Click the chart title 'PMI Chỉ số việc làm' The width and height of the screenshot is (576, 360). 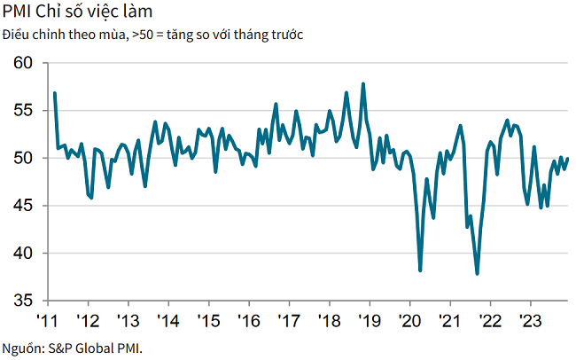[x=77, y=13]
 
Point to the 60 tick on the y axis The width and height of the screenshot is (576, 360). [x=23, y=63]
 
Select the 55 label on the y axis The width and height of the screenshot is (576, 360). [x=23, y=111]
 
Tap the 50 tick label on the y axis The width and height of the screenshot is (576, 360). [x=23, y=158]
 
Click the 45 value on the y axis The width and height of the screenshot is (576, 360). [x=23, y=206]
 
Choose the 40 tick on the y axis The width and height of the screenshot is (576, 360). [x=23, y=254]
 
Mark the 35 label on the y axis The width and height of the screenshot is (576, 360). [x=23, y=301]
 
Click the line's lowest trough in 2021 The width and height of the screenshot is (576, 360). [x=478, y=273]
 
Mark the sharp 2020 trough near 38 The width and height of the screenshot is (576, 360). [x=420, y=270]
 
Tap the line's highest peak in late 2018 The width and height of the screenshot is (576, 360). [x=363, y=84]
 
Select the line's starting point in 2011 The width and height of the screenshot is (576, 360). [x=55, y=93]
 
